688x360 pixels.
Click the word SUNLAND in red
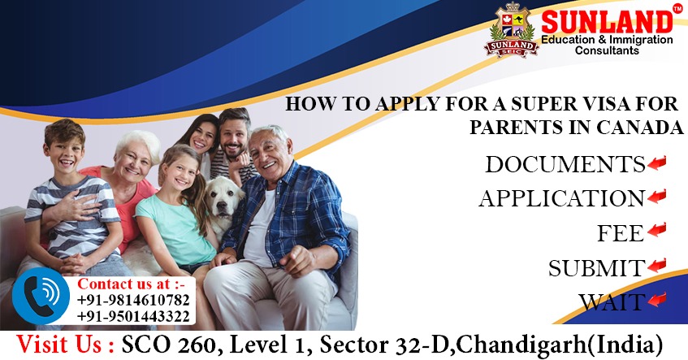pyautogui.click(x=606, y=21)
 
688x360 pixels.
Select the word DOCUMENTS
pyautogui.click(x=565, y=164)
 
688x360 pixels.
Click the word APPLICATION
pyautogui.click(x=561, y=198)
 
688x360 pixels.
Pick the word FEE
pyautogui.click(x=621, y=233)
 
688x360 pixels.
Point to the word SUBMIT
pyautogui.click(x=596, y=267)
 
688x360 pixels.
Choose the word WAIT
pyautogui.click(x=612, y=302)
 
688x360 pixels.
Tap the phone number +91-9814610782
pyautogui.click(x=134, y=301)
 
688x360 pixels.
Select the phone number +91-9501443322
pyautogui.click(x=134, y=316)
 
